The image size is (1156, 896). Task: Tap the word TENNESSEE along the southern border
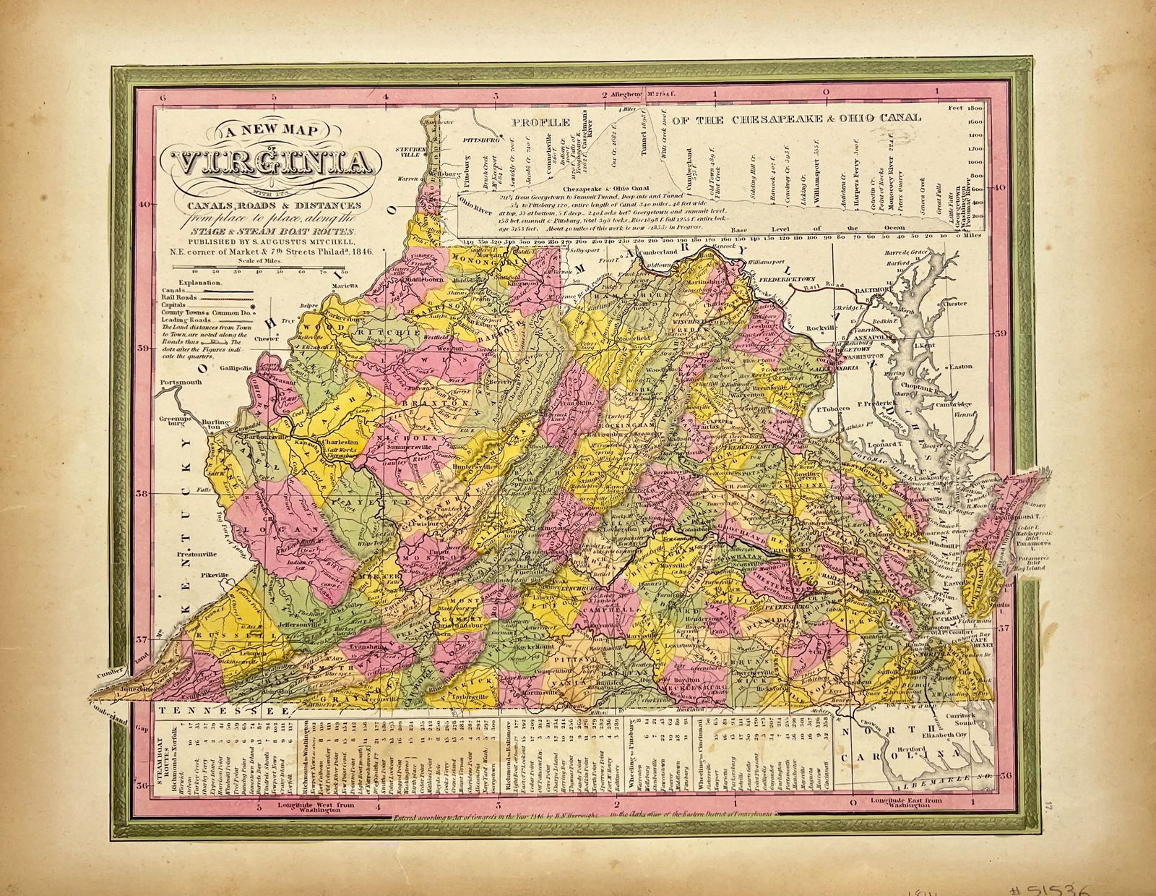coord(217,712)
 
